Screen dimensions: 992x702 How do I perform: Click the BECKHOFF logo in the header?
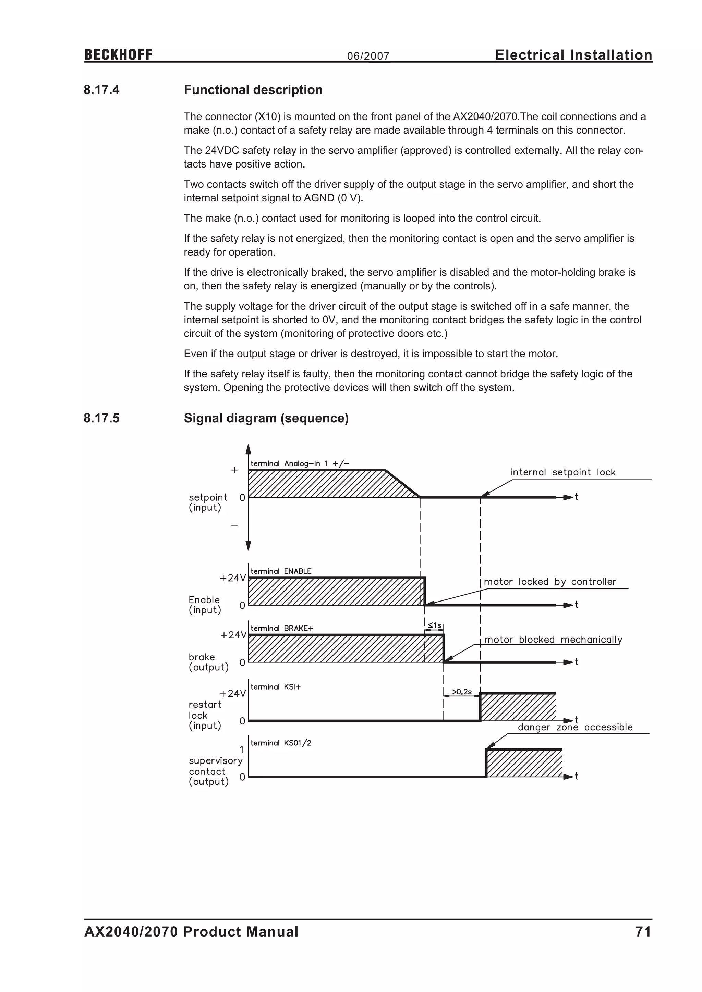(x=119, y=55)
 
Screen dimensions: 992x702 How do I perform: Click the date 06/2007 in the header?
(x=368, y=56)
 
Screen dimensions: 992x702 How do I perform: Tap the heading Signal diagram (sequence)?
(x=266, y=418)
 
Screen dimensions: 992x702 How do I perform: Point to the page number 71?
(x=643, y=931)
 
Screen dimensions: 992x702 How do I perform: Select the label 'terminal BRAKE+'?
(x=281, y=628)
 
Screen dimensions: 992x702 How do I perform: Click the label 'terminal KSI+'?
(x=275, y=687)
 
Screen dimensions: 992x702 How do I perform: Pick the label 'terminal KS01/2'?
(x=280, y=743)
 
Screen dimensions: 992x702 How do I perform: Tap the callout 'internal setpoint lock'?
(x=563, y=472)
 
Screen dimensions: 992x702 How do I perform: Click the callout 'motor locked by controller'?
(x=550, y=582)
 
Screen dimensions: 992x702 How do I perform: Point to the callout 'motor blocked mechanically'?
(x=553, y=640)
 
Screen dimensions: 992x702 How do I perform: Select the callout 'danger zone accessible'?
(x=575, y=727)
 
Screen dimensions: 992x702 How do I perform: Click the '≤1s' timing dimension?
(x=434, y=625)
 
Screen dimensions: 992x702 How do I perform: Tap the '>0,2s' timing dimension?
(x=462, y=692)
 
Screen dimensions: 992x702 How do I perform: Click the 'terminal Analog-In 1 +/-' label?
(x=300, y=463)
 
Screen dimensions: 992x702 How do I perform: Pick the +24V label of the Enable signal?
(x=232, y=578)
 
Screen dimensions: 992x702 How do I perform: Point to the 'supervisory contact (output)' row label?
(x=215, y=771)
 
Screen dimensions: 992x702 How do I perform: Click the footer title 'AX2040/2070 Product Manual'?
(x=191, y=931)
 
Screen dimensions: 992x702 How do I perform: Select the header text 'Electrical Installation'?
(x=573, y=55)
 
